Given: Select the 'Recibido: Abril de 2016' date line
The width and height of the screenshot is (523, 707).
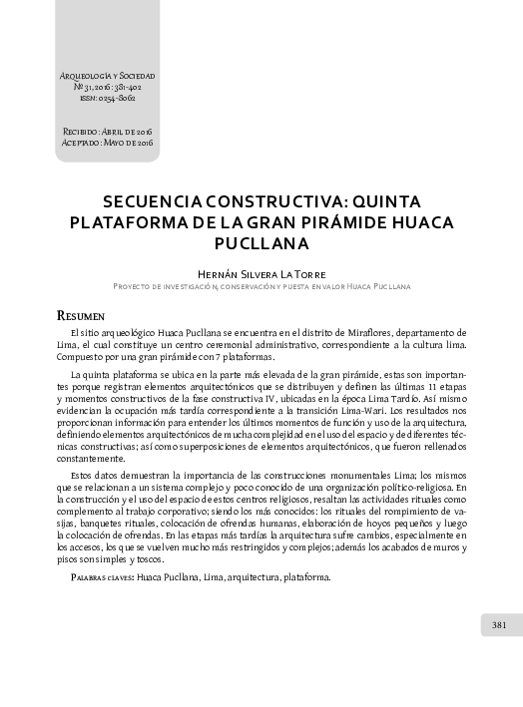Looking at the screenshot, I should pyautogui.click(x=107, y=132).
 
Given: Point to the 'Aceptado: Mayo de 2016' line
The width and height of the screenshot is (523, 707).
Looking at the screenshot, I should pyautogui.click(x=107, y=142).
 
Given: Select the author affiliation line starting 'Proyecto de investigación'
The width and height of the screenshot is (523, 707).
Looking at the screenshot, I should pyautogui.click(x=261, y=286).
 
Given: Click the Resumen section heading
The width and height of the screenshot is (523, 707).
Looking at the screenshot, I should pyautogui.click(x=82, y=314).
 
